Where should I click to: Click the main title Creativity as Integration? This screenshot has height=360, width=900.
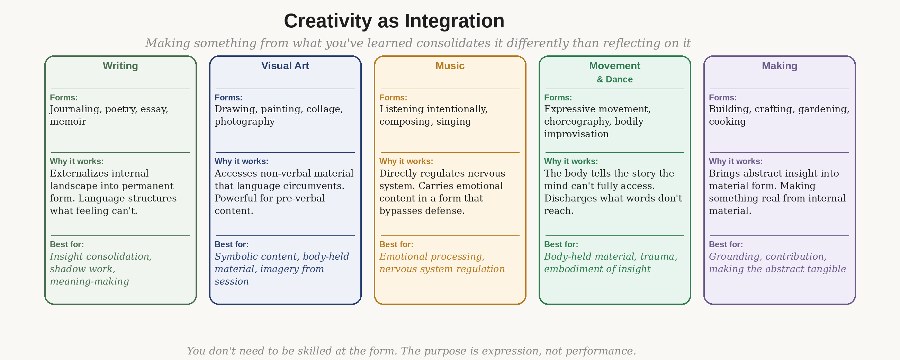(x=394, y=21)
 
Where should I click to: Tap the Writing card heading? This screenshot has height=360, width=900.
(x=120, y=66)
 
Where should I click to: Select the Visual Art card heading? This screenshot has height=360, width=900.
(x=285, y=66)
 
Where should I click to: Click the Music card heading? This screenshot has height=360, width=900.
(x=450, y=66)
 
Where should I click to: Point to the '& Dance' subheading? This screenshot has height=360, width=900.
(x=614, y=79)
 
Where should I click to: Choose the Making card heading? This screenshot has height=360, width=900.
(x=780, y=66)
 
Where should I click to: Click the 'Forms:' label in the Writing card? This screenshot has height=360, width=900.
(x=64, y=98)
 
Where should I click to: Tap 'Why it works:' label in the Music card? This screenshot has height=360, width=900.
(x=406, y=161)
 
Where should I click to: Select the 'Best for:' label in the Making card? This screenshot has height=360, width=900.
(x=726, y=244)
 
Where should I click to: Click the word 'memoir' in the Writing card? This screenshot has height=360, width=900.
(x=68, y=121)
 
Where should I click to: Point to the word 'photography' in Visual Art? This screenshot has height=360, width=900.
(x=245, y=121)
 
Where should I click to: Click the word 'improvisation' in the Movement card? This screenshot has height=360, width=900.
(x=576, y=134)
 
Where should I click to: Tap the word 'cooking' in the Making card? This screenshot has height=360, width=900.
(x=727, y=121)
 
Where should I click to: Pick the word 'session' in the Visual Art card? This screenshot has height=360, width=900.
(x=231, y=281)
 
